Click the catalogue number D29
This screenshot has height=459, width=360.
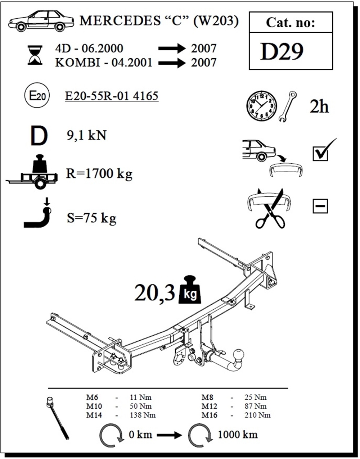click(282, 51)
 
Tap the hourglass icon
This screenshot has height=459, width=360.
click(35, 55)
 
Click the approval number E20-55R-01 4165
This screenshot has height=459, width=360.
click(112, 96)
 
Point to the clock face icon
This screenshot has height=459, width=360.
click(261, 106)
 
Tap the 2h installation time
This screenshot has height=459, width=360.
click(319, 107)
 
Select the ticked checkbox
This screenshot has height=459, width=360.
click(321, 154)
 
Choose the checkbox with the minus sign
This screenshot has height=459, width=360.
click(320, 206)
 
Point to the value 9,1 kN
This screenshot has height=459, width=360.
click(87, 135)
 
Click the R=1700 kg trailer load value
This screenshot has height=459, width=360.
click(99, 174)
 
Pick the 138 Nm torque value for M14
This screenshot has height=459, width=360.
click(143, 415)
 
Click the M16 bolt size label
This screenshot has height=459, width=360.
click(209, 415)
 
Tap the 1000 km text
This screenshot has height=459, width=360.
click(238, 435)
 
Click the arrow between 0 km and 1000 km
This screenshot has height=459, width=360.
click(169, 435)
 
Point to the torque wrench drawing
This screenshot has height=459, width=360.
click(57, 421)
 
